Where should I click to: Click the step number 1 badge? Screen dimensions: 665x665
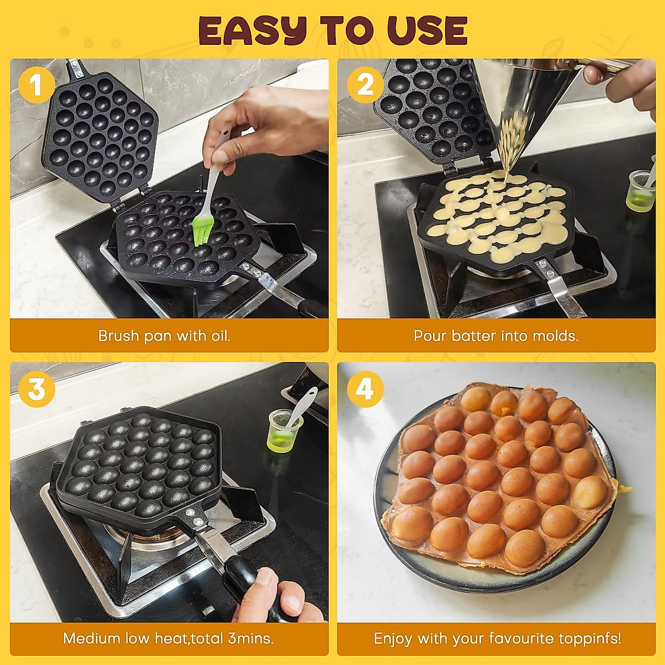pos(36,86)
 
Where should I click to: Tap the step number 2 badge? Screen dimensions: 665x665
pos(365,86)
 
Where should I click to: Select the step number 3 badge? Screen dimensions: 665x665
pos(36,389)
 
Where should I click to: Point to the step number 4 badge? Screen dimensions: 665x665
pos(365,389)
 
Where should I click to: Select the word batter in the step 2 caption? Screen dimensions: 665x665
pos(474,336)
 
